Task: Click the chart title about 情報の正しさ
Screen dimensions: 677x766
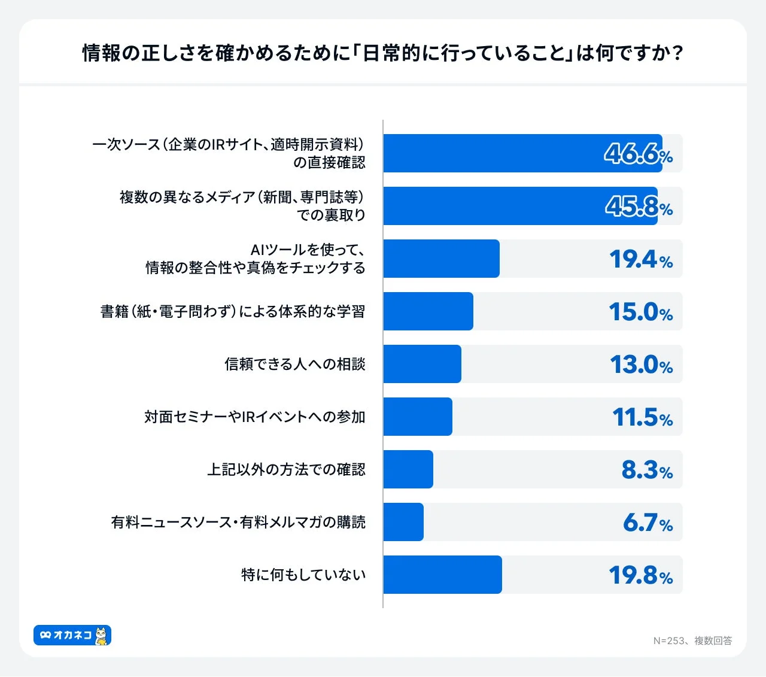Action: [x=383, y=53]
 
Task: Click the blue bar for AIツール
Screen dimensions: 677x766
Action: [x=441, y=259]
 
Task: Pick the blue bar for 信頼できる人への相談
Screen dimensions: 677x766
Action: [x=422, y=364]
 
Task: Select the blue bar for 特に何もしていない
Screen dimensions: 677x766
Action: [x=442, y=575]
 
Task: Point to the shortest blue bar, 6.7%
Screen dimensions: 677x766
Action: [x=403, y=522]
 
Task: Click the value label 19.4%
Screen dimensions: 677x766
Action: [x=640, y=259]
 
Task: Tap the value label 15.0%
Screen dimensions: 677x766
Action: [x=640, y=312]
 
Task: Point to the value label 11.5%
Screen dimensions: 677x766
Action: [x=642, y=417]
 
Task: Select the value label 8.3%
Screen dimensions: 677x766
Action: [x=647, y=470]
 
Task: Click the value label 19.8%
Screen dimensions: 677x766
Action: [x=640, y=575]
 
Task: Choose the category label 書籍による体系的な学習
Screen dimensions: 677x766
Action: [x=232, y=312]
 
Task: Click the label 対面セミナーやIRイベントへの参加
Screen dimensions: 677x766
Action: [x=254, y=417]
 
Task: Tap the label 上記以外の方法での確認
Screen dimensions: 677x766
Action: [x=286, y=470]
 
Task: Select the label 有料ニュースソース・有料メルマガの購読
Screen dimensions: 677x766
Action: [x=238, y=523]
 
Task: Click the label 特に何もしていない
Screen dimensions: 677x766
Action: [x=303, y=575]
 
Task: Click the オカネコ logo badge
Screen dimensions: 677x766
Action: [x=72, y=635]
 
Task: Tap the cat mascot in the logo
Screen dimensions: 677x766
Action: [x=102, y=635]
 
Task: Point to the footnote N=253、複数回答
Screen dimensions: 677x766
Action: [x=692, y=640]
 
